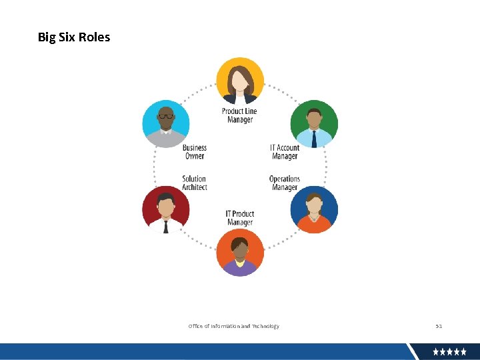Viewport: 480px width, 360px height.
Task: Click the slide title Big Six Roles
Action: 74,37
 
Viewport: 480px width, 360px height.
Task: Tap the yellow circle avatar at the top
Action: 240,81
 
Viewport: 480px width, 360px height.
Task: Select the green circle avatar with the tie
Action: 314,123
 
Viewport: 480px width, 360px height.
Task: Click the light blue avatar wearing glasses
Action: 166,123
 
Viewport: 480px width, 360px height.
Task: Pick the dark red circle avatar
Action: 166,209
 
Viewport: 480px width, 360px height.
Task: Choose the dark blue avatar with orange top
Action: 314,209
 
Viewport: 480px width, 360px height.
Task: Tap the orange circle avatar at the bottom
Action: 240,252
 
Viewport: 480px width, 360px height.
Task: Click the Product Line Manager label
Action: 239,115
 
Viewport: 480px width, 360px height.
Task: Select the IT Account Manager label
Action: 285,152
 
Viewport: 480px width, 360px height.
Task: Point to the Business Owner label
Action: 195,152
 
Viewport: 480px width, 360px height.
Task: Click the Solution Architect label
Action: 195,183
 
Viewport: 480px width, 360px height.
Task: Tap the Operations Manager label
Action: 285,183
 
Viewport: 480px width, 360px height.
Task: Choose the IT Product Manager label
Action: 240,218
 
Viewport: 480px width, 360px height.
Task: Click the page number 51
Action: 439,326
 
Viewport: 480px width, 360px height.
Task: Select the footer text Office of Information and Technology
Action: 234,326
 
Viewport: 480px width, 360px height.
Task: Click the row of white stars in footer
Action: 449,351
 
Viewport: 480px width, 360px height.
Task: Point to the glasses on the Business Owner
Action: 166,117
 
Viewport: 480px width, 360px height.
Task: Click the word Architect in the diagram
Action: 195,187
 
